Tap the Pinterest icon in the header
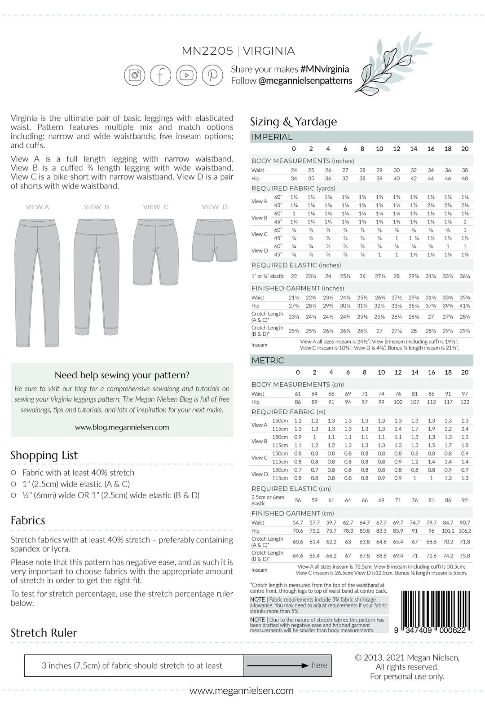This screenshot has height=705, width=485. click(x=212, y=74)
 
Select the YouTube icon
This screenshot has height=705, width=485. click(x=186, y=74)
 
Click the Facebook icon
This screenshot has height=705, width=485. click(x=160, y=74)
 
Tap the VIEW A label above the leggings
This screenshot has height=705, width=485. click(x=37, y=207)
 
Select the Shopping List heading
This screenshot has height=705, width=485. click(x=44, y=455)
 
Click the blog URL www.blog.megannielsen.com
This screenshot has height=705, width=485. click(x=122, y=427)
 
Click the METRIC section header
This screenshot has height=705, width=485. click(x=268, y=360)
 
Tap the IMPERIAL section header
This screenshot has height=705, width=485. click(x=272, y=137)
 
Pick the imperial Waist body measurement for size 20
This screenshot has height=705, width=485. click(x=465, y=170)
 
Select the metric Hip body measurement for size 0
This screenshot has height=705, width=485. click(x=298, y=402)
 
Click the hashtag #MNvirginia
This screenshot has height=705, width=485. click(x=325, y=69)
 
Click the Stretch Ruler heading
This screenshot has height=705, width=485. click(x=44, y=633)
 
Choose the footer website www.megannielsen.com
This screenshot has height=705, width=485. click(x=242, y=691)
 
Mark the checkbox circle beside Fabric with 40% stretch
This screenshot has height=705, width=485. click(x=13, y=473)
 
